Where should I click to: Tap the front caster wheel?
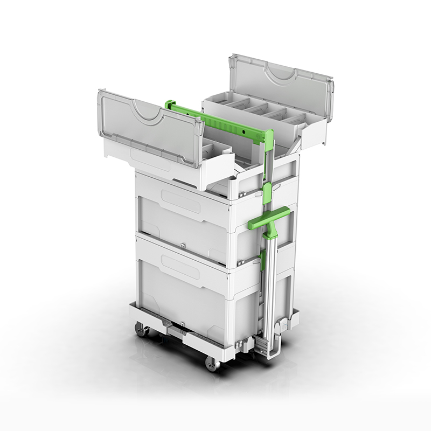212,364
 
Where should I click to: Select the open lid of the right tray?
280,84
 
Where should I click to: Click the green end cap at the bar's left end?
170,103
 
